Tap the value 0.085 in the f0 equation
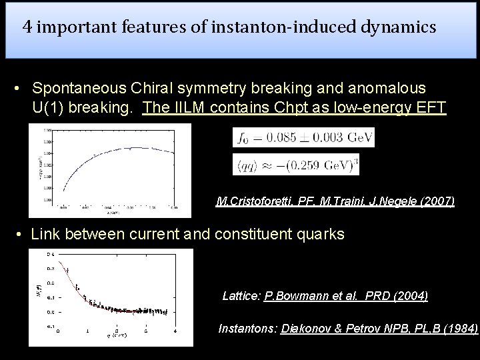coord(283,138)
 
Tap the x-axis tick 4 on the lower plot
coord(174,331)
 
